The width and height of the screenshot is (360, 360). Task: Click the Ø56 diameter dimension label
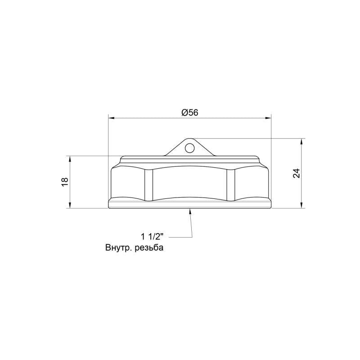click(189, 112)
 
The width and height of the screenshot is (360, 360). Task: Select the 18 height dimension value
click(65, 182)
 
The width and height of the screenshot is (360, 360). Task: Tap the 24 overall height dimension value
click(297, 173)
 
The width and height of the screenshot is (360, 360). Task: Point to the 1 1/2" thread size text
click(152, 236)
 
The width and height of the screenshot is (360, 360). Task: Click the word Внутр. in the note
click(118, 248)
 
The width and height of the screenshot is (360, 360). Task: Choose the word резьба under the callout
click(149, 248)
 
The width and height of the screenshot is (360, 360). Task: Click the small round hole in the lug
click(189, 148)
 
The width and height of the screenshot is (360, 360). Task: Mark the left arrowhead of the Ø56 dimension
click(111, 118)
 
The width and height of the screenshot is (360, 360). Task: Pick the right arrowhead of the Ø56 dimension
click(268, 118)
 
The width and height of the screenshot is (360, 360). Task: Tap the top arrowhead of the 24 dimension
click(301, 141)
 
